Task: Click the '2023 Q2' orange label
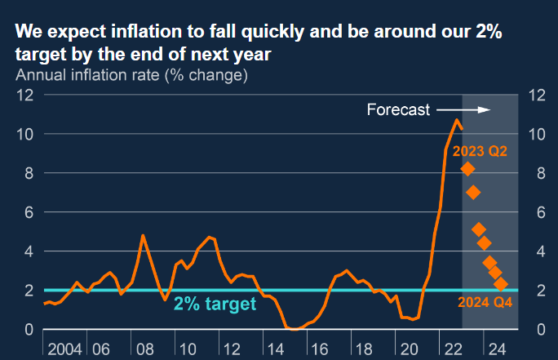480,151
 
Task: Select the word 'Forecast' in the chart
398,110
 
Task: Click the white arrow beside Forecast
463,110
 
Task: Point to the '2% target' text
215,304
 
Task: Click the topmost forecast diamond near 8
468,169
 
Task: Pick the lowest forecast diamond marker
501,284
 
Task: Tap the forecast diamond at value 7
473,193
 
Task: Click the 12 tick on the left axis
24,95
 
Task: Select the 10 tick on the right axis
536,134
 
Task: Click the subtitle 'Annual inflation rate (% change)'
131,76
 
